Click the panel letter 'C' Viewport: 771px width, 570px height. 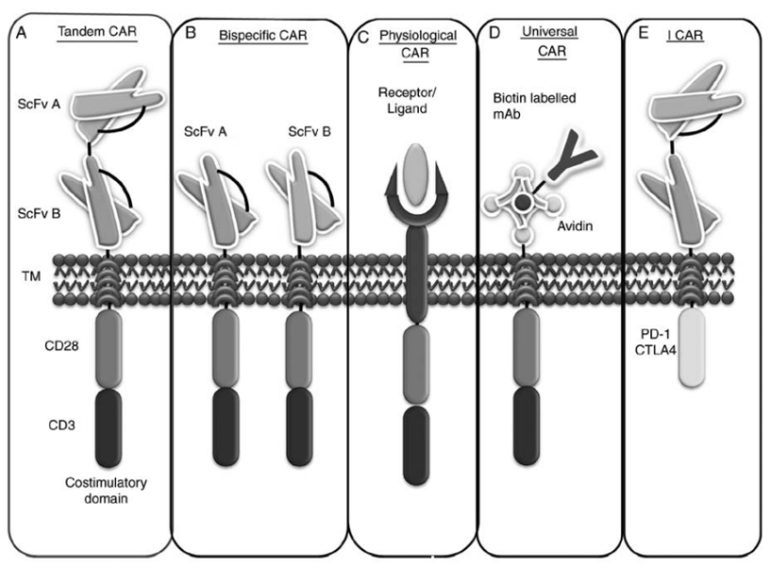coord(361,39)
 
